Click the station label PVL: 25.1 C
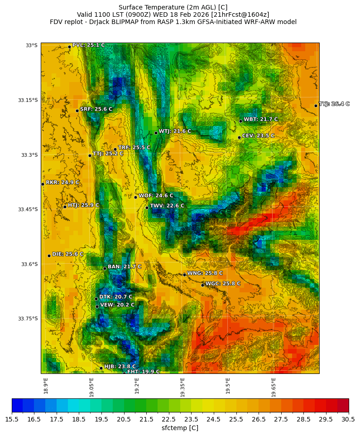88,45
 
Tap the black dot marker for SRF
77,111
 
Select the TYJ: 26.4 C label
334,104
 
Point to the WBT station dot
240,121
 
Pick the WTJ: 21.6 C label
174,131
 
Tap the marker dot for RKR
43,184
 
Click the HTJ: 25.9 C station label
83,205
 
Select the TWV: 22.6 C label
167,206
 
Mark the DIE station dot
49,256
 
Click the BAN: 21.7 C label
124,267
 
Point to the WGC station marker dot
202,285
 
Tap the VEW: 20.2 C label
117,305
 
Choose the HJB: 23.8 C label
120,367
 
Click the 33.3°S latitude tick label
29,155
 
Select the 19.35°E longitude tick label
182,387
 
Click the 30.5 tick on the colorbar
348,420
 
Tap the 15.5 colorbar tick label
12,420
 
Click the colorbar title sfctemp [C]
180,428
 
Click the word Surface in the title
130,7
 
